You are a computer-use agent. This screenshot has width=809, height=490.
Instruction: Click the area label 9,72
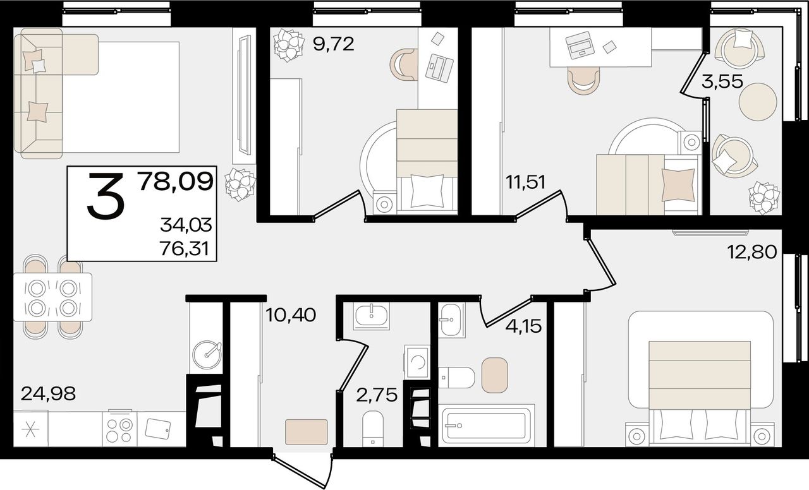[x=333, y=44]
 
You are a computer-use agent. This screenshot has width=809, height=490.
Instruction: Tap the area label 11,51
[x=525, y=182]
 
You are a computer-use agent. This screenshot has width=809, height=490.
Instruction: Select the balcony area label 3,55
[x=722, y=81]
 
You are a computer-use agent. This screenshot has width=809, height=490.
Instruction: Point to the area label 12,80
[x=753, y=251]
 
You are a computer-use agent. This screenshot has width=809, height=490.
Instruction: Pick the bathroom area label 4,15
[x=524, y=326]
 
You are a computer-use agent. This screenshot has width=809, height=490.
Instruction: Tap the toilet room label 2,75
[x=377, y=395]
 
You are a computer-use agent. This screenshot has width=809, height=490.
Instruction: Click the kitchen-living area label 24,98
[x=48, y=393]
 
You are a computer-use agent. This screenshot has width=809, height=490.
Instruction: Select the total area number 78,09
[x=176, y=182]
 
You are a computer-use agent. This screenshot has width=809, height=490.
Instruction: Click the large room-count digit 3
[x=106, y=196]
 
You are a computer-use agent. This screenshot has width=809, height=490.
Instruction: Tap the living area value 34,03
[x=186, y=226]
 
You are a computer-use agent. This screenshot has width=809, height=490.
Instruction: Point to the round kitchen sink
[x=207, y=354]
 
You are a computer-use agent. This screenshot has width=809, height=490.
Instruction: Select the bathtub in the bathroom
[x=486, y=426]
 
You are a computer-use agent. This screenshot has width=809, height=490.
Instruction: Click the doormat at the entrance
[x=307, y=431]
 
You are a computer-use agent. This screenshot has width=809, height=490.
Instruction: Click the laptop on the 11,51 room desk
[x=580, y=46]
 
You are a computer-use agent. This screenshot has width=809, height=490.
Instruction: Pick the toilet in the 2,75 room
[x=373, y=429]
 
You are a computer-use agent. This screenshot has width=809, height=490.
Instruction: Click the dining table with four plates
[x=52, y=297]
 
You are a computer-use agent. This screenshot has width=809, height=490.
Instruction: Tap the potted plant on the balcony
[x=765, y=198]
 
